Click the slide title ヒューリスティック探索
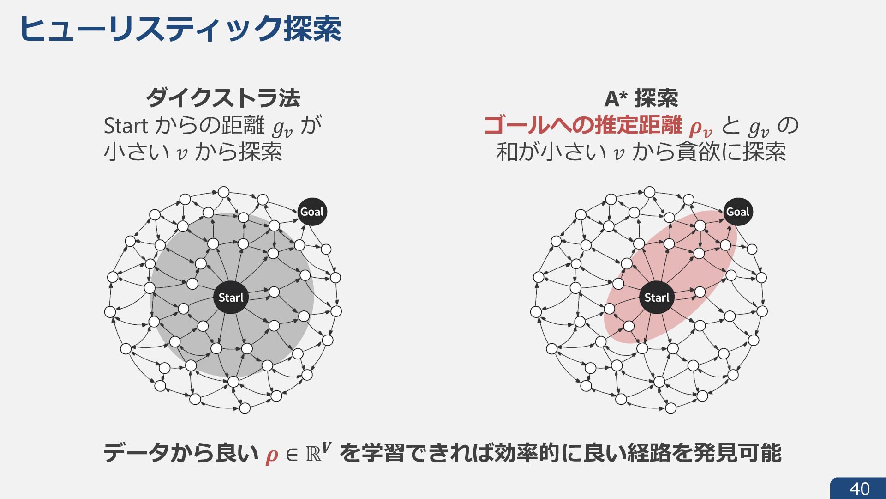coord(180,29)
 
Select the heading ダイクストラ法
coord(223,97)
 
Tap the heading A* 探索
coord(641,98)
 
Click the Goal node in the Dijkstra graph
coord(312,212)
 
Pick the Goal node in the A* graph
coord(738,212)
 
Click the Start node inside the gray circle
coord(231,298)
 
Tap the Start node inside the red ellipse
coord(657,298)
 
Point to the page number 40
coord(860,489)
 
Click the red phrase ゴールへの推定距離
coord(583,125)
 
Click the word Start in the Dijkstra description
coord(126,126)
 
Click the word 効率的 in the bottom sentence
coord(527,453)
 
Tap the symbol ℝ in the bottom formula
coord(314,454)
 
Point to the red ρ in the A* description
coord(696,127)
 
